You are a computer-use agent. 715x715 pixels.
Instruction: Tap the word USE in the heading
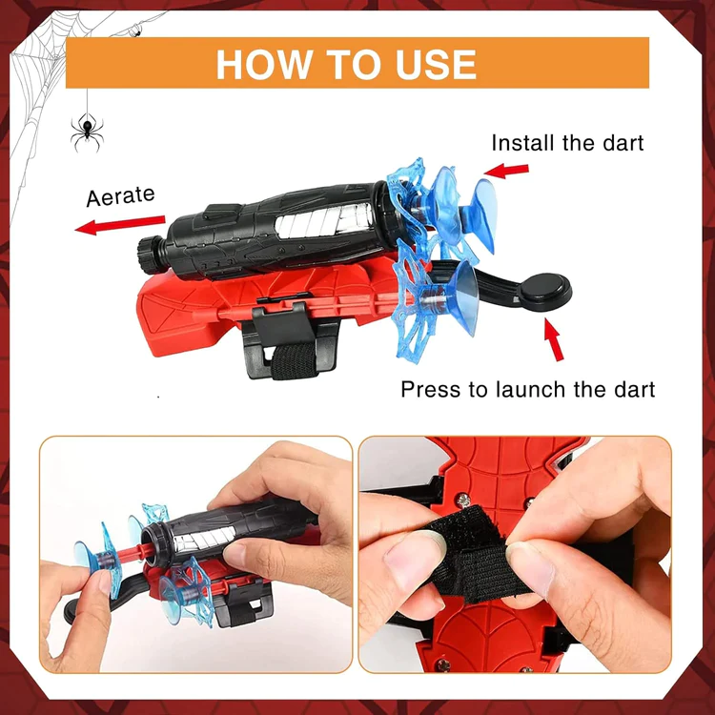[x=436, y=64]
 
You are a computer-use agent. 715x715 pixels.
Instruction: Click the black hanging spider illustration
[x=87, y=133]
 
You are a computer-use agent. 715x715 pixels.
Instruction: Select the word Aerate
[x=120, y=196]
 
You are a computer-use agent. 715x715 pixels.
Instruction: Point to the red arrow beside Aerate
[x=119, y=225]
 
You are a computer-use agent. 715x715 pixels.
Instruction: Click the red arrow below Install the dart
[x=506, y=171]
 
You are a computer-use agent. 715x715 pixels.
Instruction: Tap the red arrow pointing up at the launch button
[x=554, y=339]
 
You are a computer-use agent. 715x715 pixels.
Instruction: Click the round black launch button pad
[x=545, y=291]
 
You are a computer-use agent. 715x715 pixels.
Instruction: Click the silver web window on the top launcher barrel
[x=324, y=220]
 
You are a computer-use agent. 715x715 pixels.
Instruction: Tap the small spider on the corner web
[x=134, y=31]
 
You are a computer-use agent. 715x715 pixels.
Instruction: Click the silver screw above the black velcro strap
[x=463, y=500]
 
